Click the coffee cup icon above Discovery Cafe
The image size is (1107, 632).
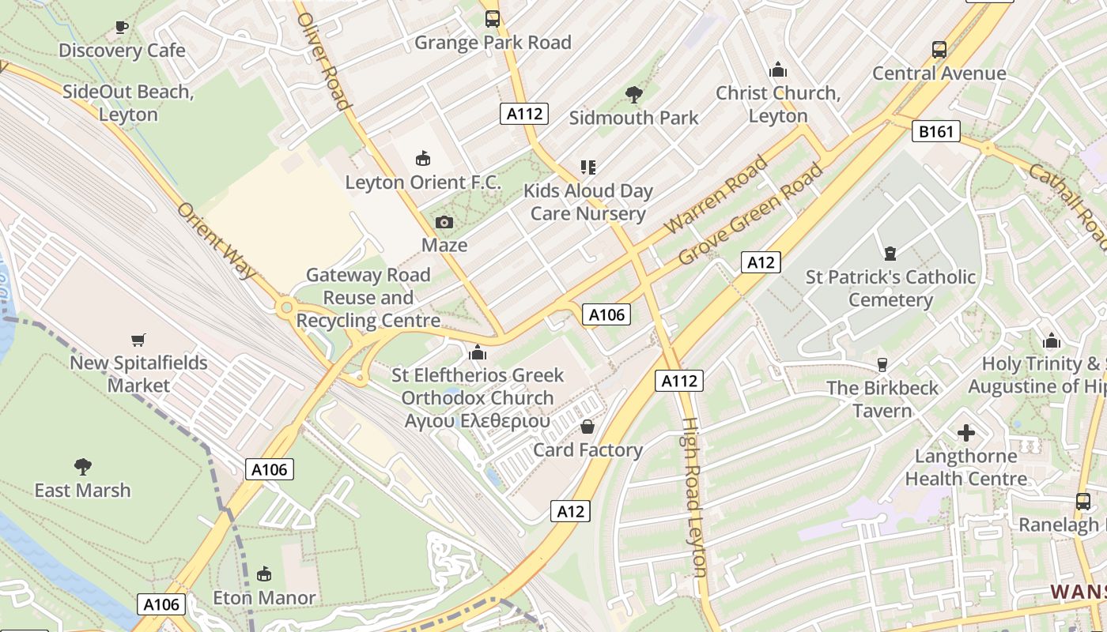point(122,27)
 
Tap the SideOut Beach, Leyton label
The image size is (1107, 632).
point(128,103)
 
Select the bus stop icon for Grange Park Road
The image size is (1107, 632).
point(493,18)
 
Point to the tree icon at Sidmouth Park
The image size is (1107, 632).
point(633,95)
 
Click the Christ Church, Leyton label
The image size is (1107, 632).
point(778,104)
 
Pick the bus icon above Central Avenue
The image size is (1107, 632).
point(939,50)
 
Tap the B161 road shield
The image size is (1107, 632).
point(936,132)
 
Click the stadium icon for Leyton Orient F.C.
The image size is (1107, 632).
point(423,159)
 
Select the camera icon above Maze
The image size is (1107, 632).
point(444,222)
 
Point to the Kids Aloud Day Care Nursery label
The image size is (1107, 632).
point(588,202)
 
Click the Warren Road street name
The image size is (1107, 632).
point(716,195)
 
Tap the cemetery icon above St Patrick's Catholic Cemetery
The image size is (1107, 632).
point(890,254)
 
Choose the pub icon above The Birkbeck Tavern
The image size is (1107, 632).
point(882,364)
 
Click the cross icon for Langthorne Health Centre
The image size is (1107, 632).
point(966,433)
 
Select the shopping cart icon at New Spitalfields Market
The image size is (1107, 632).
point(138,340)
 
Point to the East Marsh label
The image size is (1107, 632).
point(82,490)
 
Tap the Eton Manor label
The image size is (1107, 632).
point(264,597)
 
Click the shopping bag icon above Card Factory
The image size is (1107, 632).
point(588,427)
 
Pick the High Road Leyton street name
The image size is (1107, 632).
point(693,498)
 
